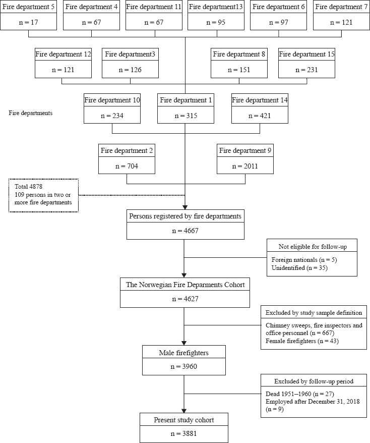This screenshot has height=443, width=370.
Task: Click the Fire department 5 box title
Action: click(28, 7)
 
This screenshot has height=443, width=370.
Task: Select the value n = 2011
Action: click(245, 166)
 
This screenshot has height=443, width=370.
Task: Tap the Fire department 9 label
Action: click(245, 150)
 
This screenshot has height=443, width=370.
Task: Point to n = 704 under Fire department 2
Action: click(127, 166)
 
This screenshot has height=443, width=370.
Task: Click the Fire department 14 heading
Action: click(260, 100)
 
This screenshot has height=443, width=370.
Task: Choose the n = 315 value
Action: click(186, 116)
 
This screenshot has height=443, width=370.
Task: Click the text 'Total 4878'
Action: click(29, 187)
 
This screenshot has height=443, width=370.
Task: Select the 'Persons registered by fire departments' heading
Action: click(185, 216)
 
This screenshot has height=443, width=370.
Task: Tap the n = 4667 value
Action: click(185, 231)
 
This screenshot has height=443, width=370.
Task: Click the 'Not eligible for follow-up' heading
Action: click(313, 247)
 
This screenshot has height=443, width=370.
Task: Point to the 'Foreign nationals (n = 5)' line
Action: click(304, 260)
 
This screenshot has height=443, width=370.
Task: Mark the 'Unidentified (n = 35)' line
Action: click(299, 267)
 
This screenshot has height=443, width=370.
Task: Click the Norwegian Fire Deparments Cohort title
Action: click(185, 285)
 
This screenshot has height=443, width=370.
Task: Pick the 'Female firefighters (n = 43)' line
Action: click(302, 341)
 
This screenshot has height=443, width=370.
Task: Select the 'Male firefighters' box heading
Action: click(183, 353)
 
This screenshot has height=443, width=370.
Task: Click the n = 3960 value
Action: click(183, 366)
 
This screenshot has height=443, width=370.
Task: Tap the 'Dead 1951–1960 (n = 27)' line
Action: click(300, 394)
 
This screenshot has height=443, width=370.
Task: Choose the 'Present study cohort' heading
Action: click(183, 420)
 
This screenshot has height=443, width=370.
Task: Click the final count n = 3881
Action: click(183, 434)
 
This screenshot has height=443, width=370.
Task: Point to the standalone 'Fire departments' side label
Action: click(30, 113)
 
